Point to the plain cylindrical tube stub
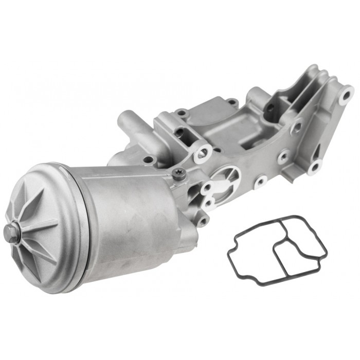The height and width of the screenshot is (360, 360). tap(129, 123)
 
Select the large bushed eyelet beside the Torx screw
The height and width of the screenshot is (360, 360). tap(202, 153)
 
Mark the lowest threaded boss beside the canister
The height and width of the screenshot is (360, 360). tap(204, 222)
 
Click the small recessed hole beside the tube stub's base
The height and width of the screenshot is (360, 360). tap(149, 160)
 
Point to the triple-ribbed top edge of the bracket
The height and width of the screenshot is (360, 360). tap(329, 77)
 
